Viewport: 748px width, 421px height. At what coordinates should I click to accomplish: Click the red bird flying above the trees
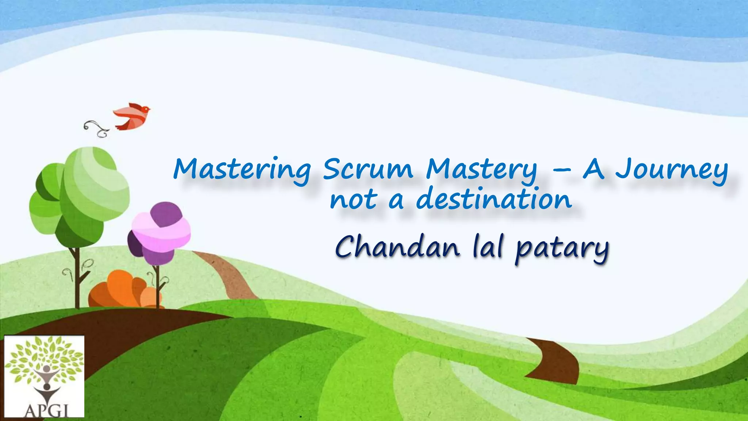click(x=131, y=116)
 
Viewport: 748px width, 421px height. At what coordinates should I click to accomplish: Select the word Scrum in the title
click(x=368, y=169)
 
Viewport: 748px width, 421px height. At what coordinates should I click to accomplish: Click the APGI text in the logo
click(x=46, y=411)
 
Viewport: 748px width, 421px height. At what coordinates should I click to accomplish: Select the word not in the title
click(x=354, y=200)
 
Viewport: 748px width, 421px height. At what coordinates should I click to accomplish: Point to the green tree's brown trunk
click(x=77, y=278)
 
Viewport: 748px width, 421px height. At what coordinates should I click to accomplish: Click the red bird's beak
click(x=149, y=109)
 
